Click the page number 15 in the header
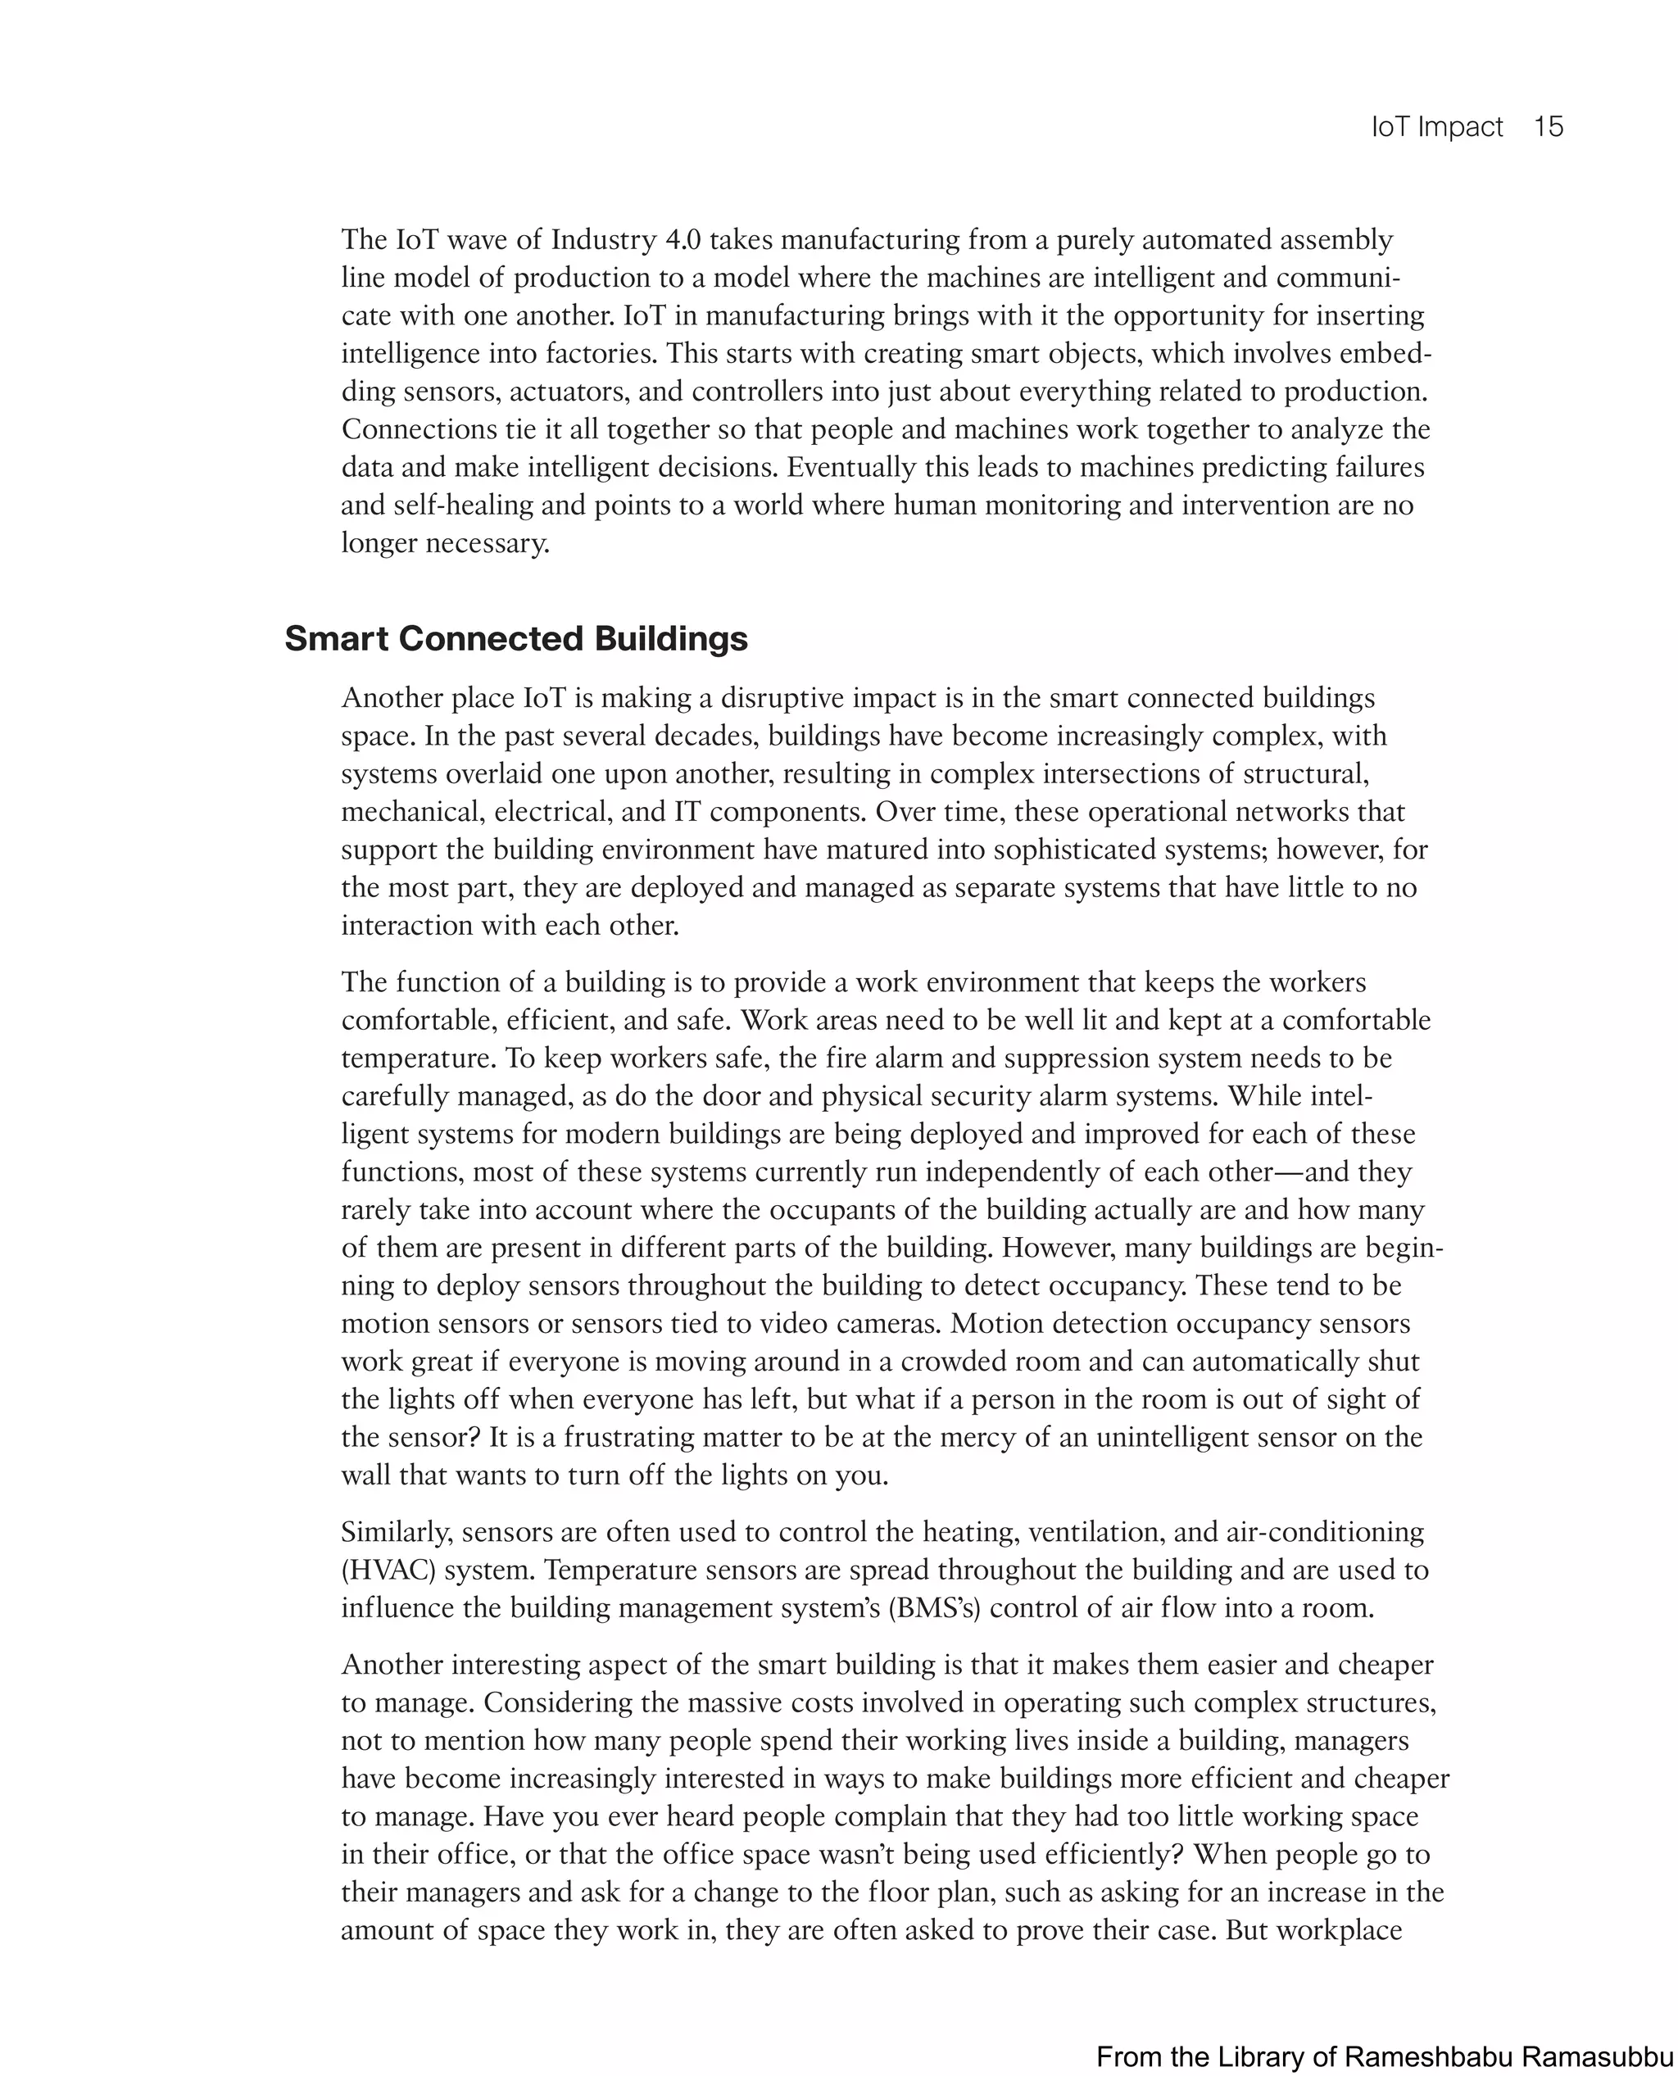[x=1548, y=127]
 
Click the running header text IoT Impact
[x=1436, y=127]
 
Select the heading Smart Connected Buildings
[x=515, y=639]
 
